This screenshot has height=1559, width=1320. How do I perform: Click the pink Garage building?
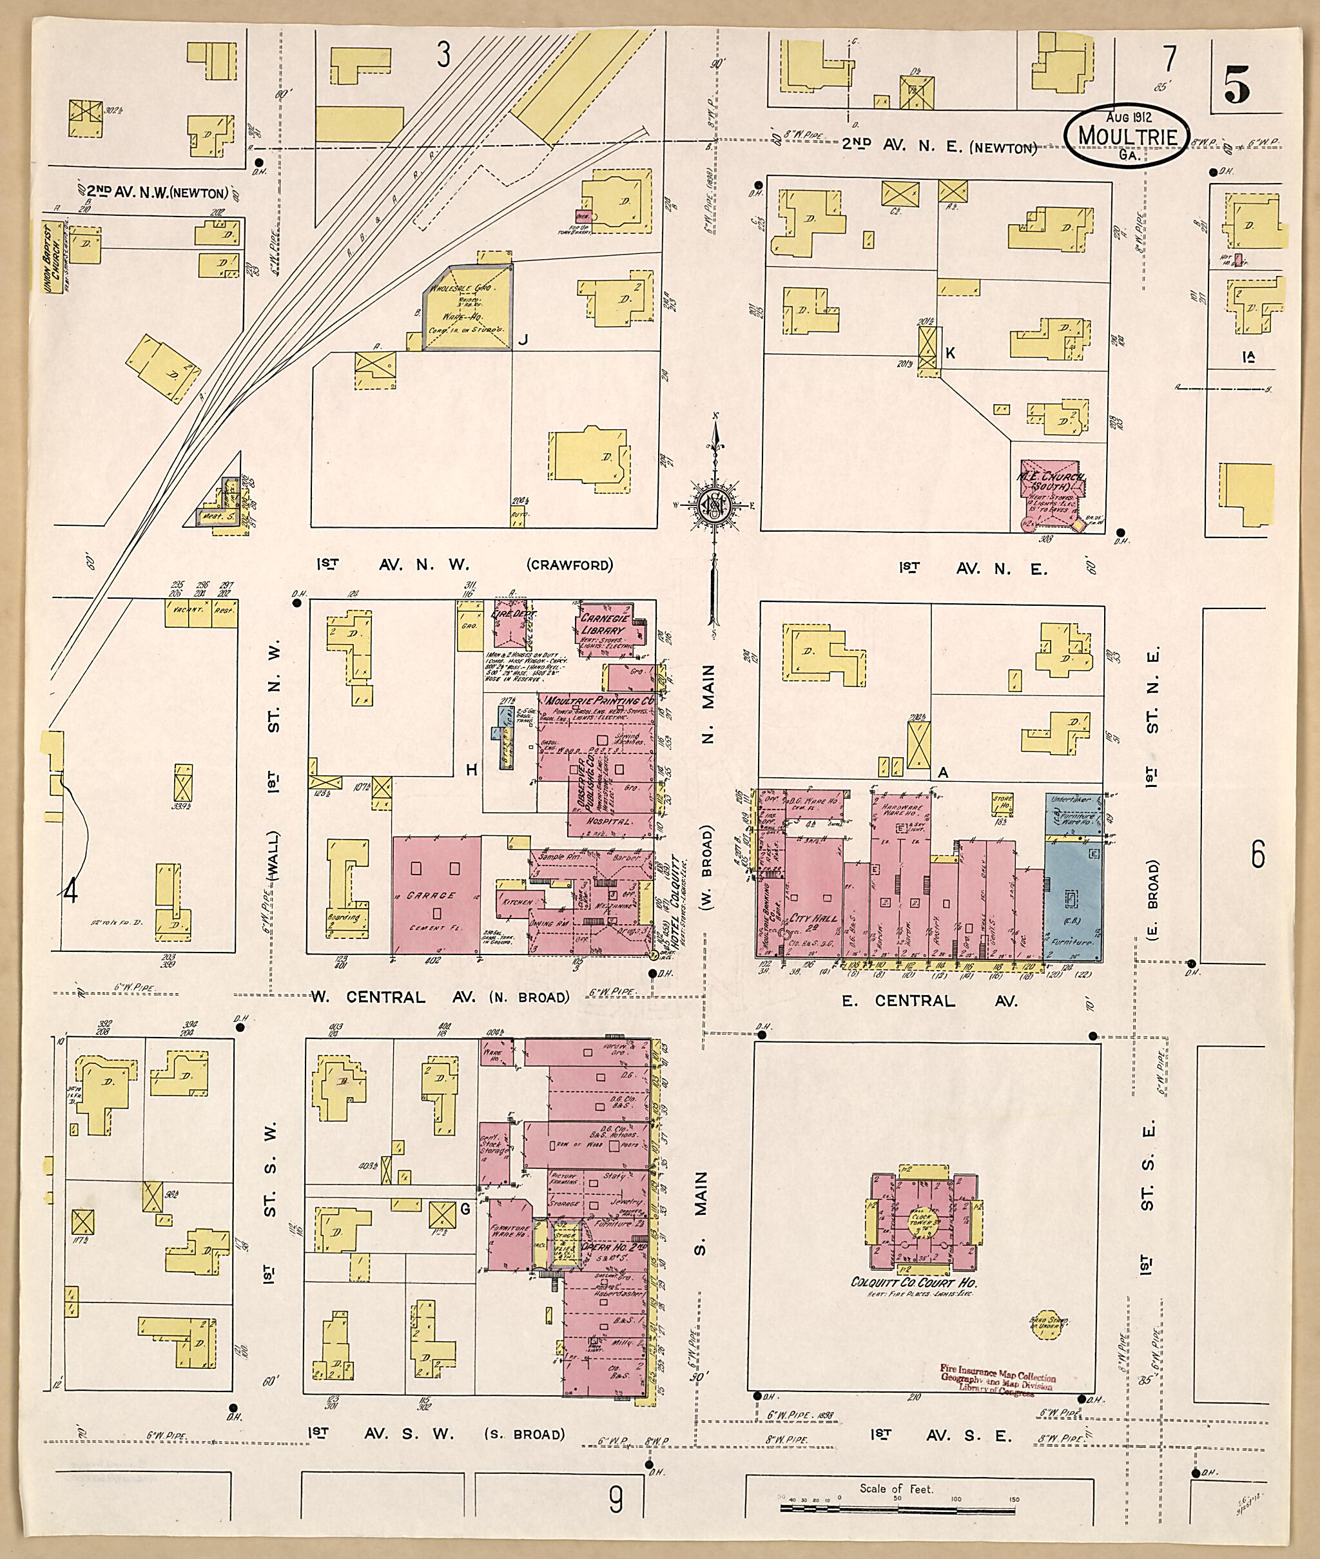(x=437, y=895)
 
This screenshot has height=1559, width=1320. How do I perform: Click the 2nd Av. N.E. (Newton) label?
(x=938, y=147)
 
